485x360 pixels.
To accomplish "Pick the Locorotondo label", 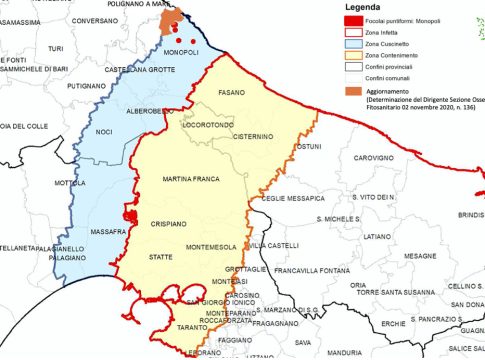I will (207, 125).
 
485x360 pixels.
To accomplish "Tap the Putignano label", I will (86, 87).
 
